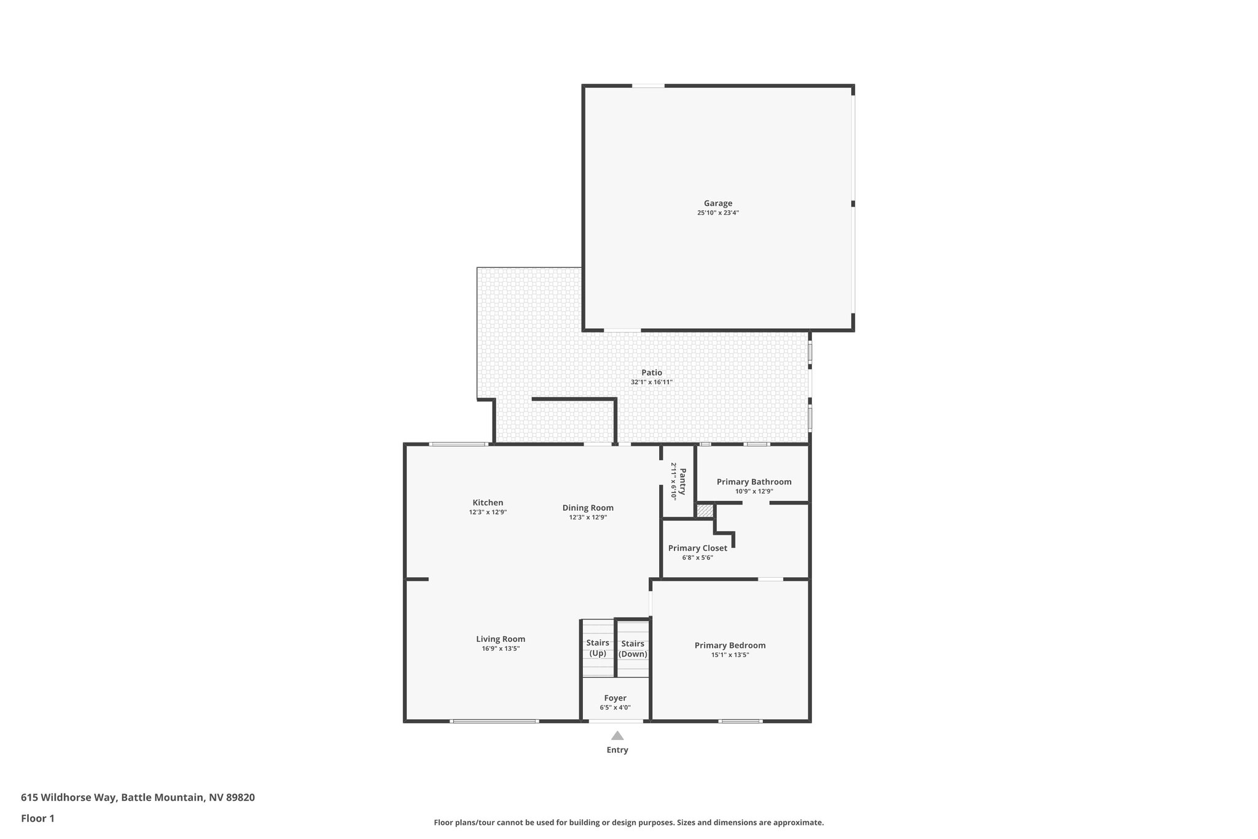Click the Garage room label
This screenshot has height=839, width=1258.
coord(717,203)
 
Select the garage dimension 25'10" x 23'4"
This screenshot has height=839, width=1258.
coord(717,213)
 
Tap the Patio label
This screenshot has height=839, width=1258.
coord(652,372)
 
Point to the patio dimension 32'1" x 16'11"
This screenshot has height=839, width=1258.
coord(652,382)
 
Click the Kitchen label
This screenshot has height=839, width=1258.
coord(488,503)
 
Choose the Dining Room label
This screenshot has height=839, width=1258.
coord(588,508)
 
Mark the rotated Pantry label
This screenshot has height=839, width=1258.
coord(682,481)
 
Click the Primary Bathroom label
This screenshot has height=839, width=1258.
coord(754,482)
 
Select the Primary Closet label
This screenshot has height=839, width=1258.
coord(697,548)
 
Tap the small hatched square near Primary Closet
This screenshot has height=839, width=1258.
coord(705,511)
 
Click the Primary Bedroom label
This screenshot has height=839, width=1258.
coord(730,645)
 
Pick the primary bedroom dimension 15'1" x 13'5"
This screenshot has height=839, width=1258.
coord(730,655)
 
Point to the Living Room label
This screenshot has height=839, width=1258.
coord(501,639)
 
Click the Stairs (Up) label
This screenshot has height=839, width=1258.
coord(598,648)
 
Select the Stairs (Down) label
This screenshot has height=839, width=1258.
coord(633,648)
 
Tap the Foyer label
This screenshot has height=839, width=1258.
coord(615,698)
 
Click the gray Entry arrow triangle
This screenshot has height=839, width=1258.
coord(617,736)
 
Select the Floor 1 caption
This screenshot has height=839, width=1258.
coord(37,819)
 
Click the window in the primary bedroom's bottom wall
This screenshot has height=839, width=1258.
coord(740,721)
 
